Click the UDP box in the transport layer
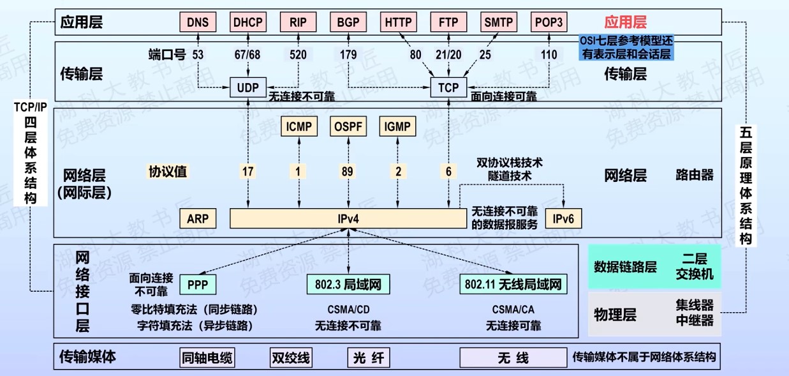click(248, 87)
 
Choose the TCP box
click(448, 87)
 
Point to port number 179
click(348, 55)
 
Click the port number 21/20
click(448, 55)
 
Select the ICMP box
click(299, 126)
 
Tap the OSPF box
click(348, 126)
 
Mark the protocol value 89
click(348, 171)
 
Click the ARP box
click(198, 219)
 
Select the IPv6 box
click(563, 219)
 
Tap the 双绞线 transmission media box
click(291, 357)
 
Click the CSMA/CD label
click(348, 310)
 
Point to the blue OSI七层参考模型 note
click(626, 48)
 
